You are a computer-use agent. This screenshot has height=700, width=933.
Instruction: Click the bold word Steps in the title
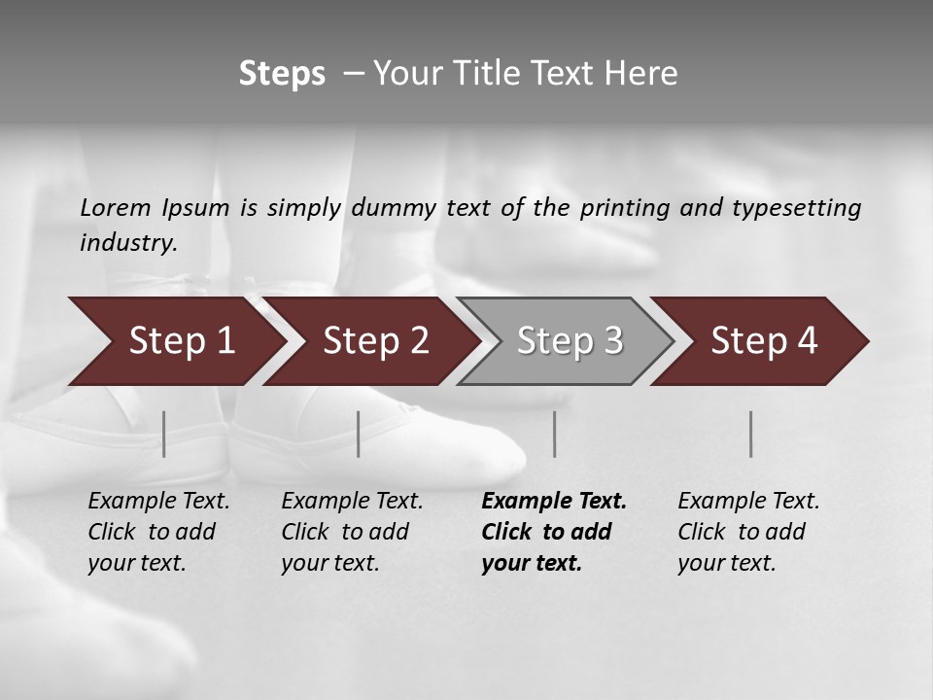(282, 74)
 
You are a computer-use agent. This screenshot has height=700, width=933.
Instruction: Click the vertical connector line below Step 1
(164, 434)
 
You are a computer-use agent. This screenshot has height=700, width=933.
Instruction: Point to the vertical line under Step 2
(359, 434)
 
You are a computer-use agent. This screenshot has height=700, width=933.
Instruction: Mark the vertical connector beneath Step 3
(555, 434)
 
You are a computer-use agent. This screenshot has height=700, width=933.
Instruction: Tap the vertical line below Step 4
(751, 434)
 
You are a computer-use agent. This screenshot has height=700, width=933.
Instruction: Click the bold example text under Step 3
(553, 532)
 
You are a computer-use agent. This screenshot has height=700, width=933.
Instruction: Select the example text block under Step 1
(158, 532)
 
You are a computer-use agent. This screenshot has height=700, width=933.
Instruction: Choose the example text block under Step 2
(352, 532)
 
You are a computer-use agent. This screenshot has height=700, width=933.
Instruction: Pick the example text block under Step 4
(748, 532)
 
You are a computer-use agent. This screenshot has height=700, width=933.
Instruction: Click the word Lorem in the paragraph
(116, 208)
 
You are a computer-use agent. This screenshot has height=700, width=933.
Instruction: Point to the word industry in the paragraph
(127, 243)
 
